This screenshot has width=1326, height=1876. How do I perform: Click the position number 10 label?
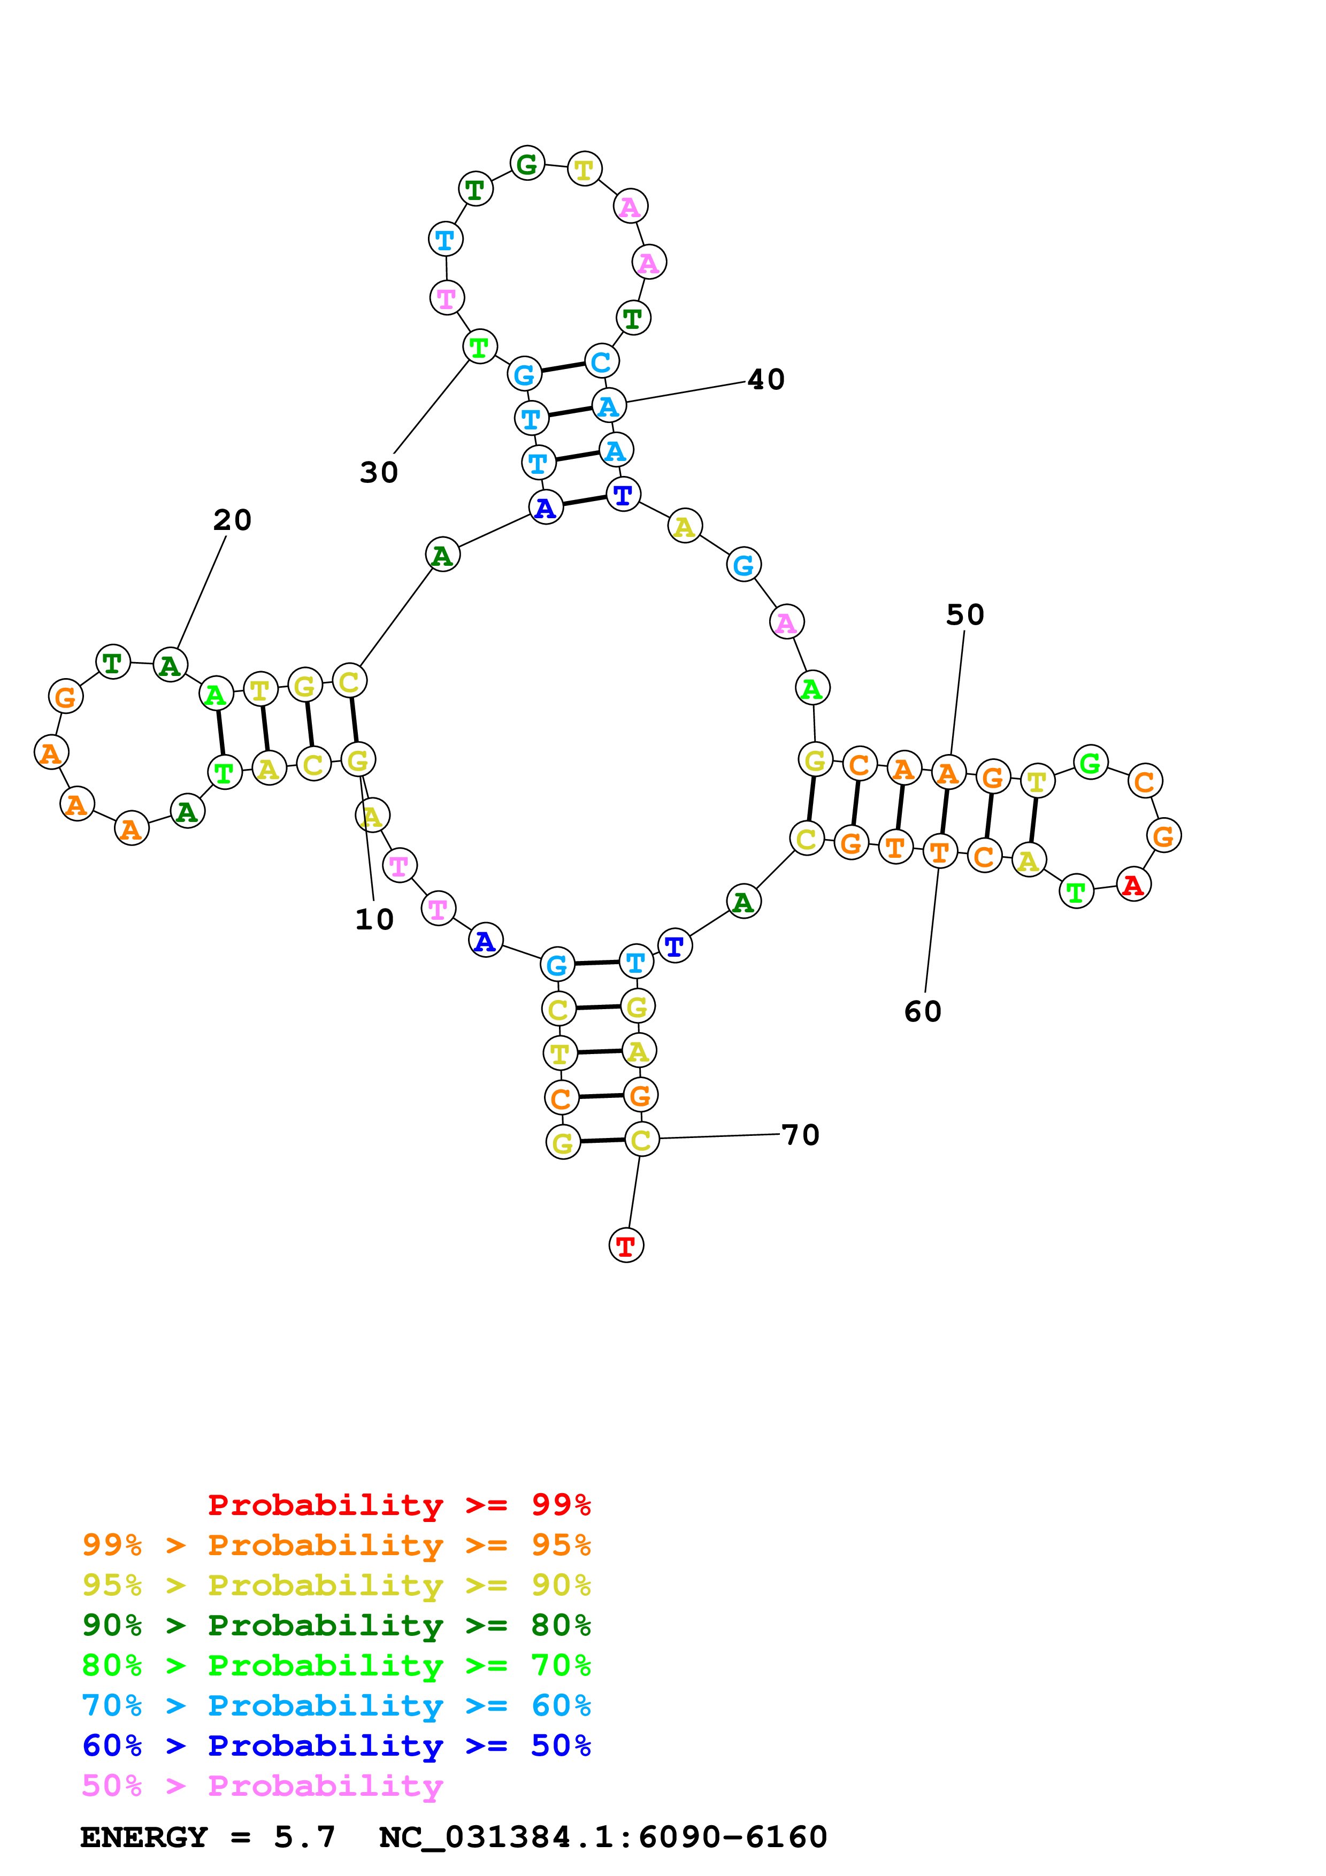click(374, 920)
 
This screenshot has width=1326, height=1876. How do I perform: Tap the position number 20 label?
click(232, 520)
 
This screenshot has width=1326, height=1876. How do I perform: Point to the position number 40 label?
click(765, 380)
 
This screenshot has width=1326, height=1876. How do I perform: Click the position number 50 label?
click(965, 615)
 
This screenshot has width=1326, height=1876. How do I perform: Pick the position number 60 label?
click(922, 1012)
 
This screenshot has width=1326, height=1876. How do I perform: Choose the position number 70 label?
click(800, 1135)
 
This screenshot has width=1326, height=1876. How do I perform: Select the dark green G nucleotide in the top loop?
click(527, 164)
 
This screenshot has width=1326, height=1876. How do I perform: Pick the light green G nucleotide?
click(1090, 763)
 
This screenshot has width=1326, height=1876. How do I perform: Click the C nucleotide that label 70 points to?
click(641, 1140)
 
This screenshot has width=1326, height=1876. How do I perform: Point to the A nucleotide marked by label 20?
click(170, 666)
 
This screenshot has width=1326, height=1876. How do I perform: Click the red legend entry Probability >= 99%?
click(398, 1505)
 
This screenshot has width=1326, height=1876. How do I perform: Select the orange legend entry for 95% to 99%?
click(336, 1545)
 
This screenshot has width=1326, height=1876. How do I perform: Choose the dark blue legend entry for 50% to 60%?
click(336, 1746)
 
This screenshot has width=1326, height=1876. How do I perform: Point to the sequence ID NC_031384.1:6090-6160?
click(603, 1837)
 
